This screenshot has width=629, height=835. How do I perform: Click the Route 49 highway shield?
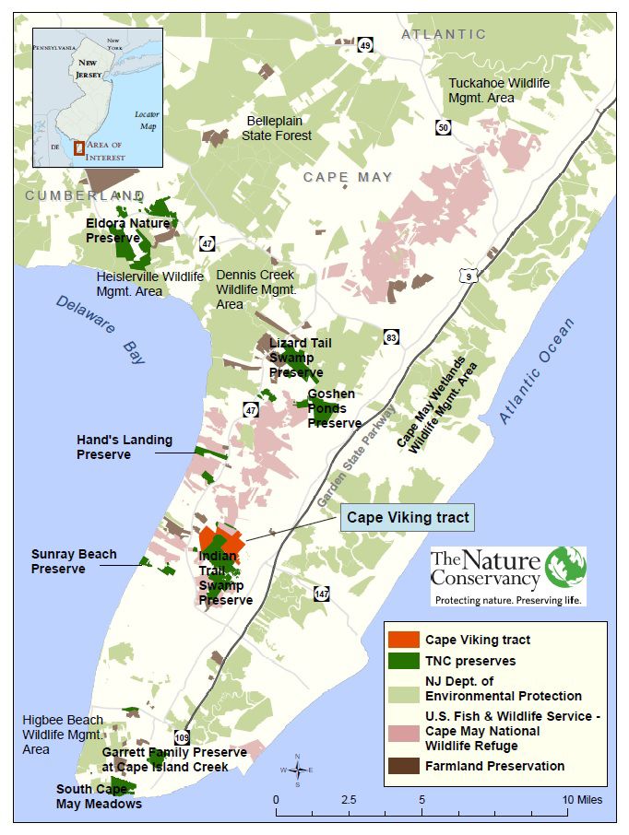pyautogui.click(x=366, y=46)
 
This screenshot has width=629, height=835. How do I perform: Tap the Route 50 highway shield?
pyautogui.click(x=445, y=128)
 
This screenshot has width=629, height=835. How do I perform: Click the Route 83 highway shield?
pyautogui.click(x=392, y=338)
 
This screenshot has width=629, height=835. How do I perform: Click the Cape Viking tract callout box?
pyautogui.click(x=409, y=518)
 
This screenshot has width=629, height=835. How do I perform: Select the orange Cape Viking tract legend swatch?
pyautogui.click(x=403, y=640)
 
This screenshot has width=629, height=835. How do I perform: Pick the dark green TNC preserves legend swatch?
pyautogui.click(x=403, y=661)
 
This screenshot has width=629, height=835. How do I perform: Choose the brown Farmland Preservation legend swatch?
pyautogui.click(x=403, y=766)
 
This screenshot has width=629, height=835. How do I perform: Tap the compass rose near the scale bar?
pyautogui.click(x=297, y=770)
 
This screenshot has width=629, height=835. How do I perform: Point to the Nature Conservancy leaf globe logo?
pyautogui.click(x=564, y=569)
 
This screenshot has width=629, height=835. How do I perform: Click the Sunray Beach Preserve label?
pyautogui.click(x=74, y=561)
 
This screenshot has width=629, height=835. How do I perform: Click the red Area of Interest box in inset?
pyautogui.click(x=79, y=147)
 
